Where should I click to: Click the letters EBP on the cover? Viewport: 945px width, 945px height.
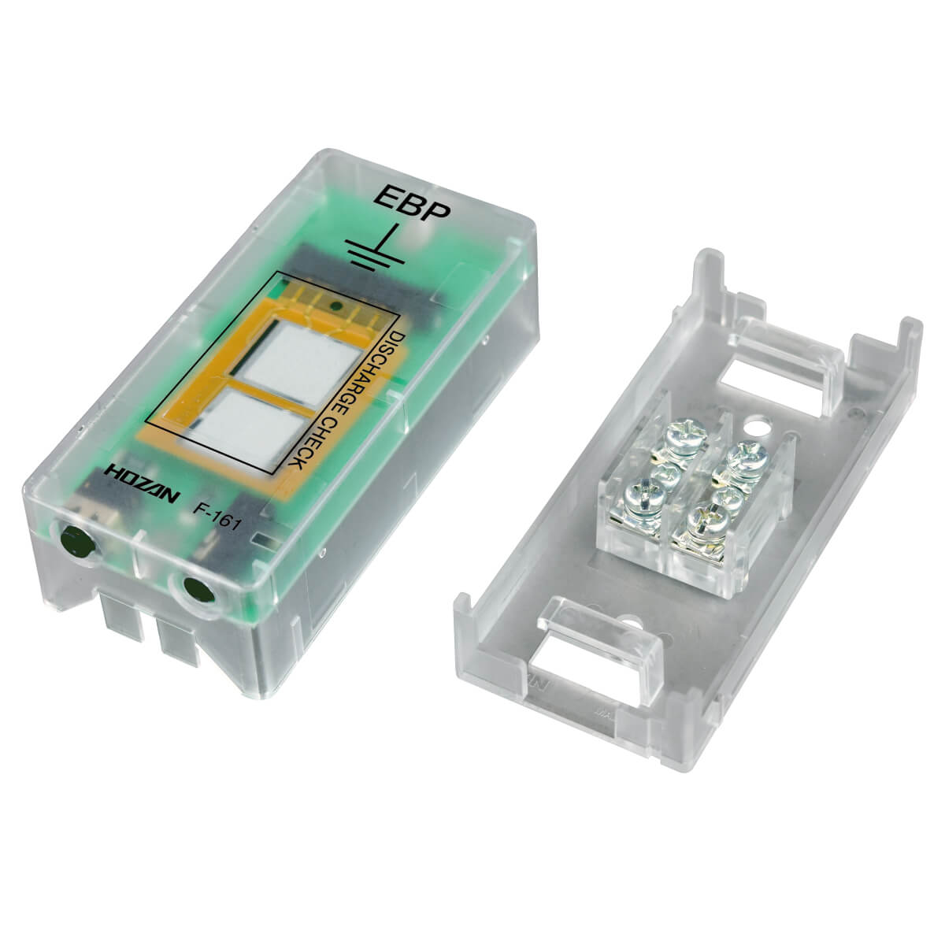click(x=412, y=203)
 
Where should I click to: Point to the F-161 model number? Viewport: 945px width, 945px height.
click(x=217, y=517)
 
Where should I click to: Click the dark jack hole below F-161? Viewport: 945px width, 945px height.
click(x=198, y=589)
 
